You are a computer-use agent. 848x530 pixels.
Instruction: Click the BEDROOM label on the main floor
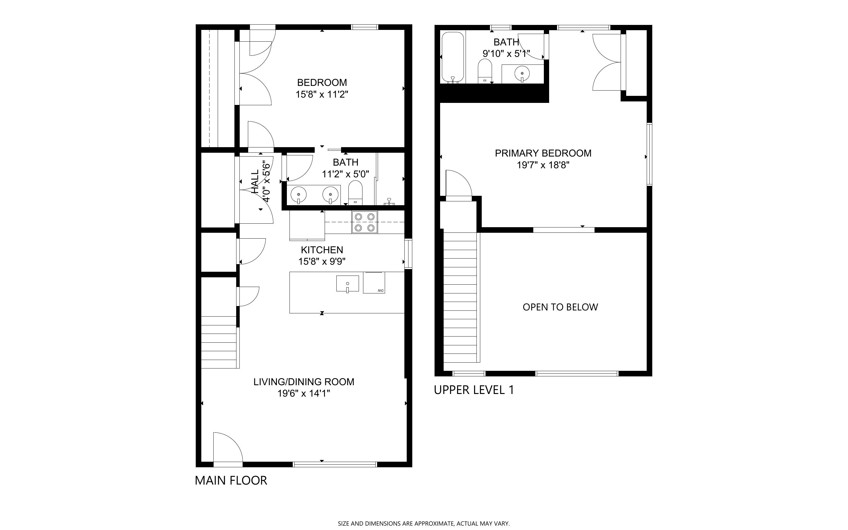(322, 83)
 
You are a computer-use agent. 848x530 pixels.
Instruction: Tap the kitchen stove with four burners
(365, 222)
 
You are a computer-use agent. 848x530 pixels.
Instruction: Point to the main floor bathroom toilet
(355, 192)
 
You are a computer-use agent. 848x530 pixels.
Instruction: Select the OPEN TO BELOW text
(560, 307)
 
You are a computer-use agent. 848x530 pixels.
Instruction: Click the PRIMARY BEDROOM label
(543, 153)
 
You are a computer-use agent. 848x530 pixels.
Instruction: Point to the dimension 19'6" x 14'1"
(304, 393)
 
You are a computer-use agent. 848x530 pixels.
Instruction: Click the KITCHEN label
(322, 250)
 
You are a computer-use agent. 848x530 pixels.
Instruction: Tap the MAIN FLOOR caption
(231, 480)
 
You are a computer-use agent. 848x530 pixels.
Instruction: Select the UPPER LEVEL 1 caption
(474, 390)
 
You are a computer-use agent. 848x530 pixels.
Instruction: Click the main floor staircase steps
(219, 342)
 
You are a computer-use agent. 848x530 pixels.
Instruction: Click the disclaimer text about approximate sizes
(424, 524)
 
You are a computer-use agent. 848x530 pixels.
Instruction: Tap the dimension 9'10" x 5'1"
(506, 54)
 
